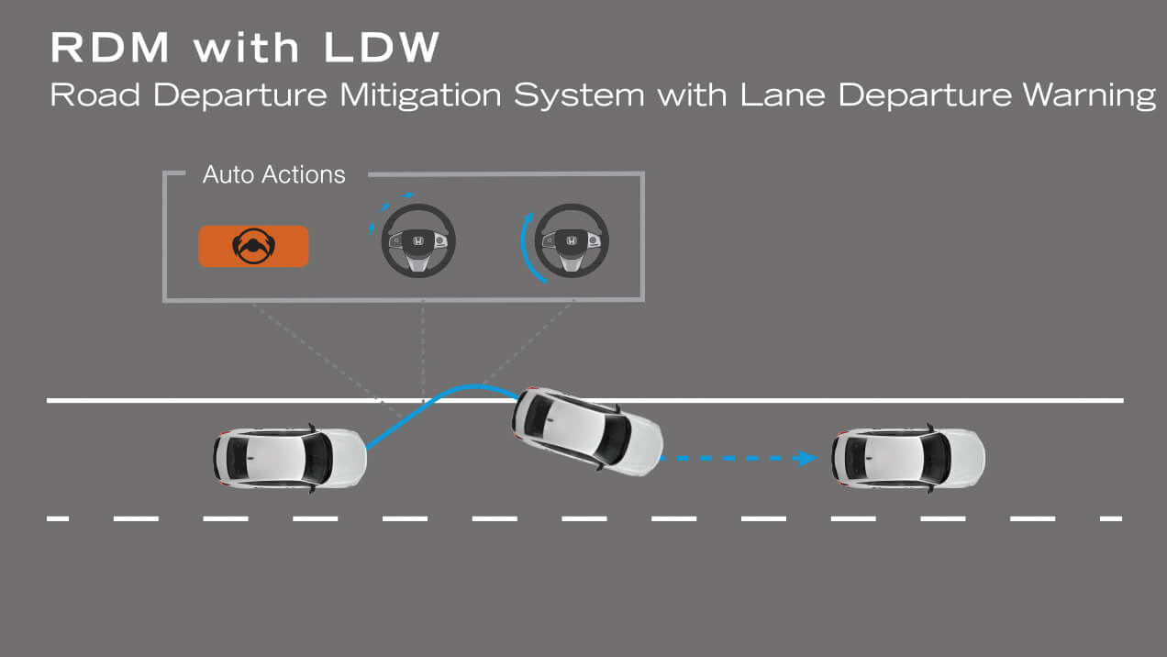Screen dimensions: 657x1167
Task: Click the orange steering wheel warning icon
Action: coord(253,246)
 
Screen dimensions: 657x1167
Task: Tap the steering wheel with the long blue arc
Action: coord(572,242)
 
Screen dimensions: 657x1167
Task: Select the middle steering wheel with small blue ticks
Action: coord(418,242)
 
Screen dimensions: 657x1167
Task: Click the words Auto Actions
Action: coord(273,174)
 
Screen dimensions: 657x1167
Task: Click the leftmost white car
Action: coord(290,457)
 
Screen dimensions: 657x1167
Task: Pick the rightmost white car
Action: coord(908,457)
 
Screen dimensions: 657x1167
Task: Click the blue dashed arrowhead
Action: coord(806,458)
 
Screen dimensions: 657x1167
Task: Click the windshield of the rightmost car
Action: coord(936,457)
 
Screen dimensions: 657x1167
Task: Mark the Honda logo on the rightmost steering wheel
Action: coord(572,240)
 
